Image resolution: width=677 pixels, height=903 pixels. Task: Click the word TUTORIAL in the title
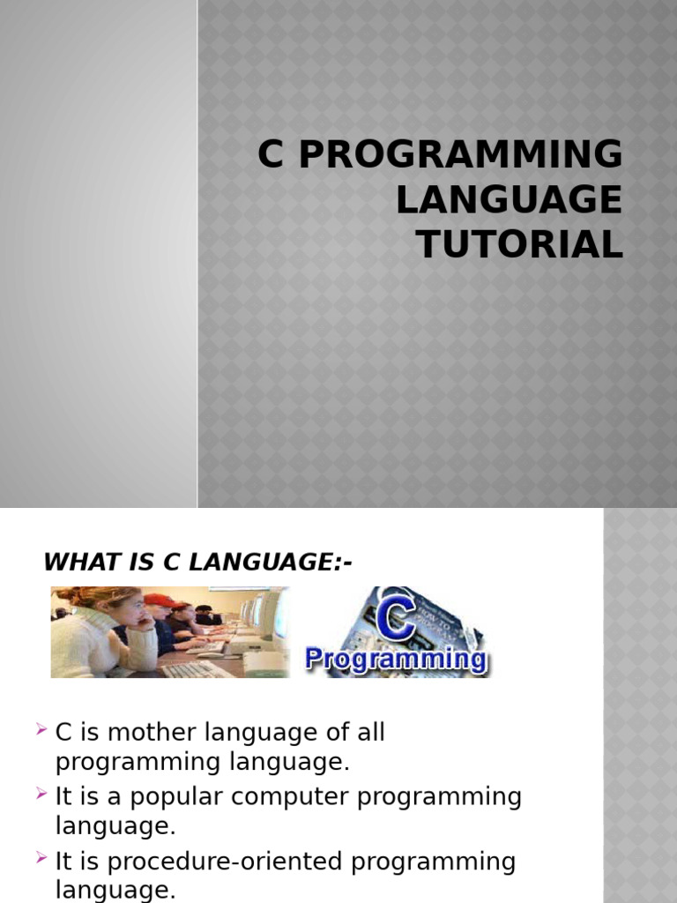(x=520, y=244)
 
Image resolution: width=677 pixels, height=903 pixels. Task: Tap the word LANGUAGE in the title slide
(x=509, y=200)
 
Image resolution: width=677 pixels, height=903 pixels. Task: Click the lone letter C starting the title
(x=269, y=155)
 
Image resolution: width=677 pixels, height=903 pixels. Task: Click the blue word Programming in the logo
(x=395, y=660)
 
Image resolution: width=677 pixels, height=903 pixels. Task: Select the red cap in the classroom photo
(x=159, y=601)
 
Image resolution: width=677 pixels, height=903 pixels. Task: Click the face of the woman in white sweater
(x=129, y=609)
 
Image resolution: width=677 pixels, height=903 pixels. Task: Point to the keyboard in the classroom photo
(x=196, y=668)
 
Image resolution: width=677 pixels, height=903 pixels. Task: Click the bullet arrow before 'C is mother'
(x=41, y=730)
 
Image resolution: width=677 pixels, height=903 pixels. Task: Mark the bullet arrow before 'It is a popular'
(x=41, y=795)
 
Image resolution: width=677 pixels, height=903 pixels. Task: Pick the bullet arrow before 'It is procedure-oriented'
(x=41, y=859)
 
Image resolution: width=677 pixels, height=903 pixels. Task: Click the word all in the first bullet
(x=370, y=733)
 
